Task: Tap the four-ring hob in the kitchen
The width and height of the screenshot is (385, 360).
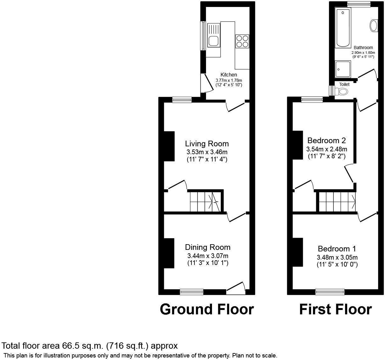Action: click(x=242, y=41)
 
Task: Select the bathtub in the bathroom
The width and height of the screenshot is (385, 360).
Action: click(x=343, y=28)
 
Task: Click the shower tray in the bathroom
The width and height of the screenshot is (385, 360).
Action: click(x=343, y=69)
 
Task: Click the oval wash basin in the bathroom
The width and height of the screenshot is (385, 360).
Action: click(x=374, y=25)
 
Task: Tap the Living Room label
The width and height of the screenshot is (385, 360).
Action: click(x=207, y=144)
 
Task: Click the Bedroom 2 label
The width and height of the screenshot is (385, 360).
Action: click(x=326, y=140)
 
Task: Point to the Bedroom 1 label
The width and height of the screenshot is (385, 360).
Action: click(x=337, y=249)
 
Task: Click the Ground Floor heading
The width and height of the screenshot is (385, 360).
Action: click(x=207, y=309)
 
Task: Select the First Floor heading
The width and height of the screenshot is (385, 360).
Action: click(x=335, y=309)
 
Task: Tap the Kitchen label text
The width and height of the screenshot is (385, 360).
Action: click(x=229, y=75)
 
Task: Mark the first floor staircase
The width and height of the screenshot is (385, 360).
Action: click(x=337, y=202)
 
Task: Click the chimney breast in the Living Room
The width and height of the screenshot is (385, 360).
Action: click(x=169, y=146)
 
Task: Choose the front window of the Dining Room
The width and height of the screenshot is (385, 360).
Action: click(x=192, y=292)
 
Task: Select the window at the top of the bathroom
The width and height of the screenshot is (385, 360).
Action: click(x=359, y=4)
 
